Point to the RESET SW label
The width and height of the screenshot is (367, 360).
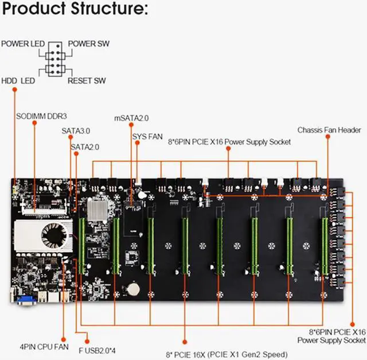(87, 81)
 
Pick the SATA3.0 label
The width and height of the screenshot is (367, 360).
(76, 131)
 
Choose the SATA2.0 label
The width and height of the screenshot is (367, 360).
(85, 147)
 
